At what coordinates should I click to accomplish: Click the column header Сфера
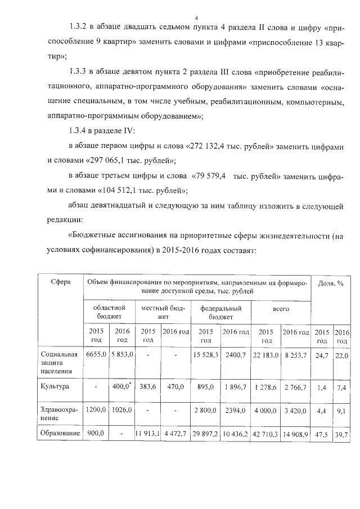(x=60, y=282)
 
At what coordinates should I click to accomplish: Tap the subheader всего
(x=281, y=309)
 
